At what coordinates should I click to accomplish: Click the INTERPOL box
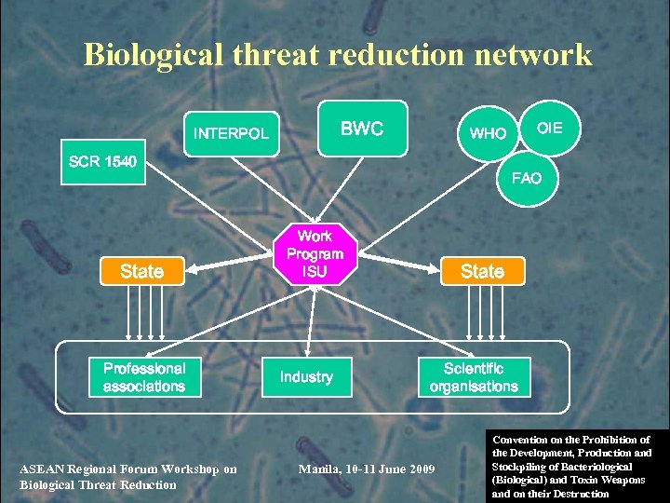click(231, 133)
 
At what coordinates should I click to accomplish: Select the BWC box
click(362, 129)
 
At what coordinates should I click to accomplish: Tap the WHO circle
click(488, 133)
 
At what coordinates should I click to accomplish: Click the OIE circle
click(550, 128)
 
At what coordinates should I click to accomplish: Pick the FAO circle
click(527, 178)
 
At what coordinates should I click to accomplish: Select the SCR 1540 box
click(102, 163)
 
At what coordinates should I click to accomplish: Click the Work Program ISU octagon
click(315, 254)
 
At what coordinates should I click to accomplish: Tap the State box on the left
click(141, 271)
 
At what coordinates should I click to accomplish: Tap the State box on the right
click(482, 271)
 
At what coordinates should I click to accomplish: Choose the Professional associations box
click(144, 377)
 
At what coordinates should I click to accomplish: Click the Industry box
click(306, 377)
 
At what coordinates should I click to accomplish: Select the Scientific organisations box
click(474, 377)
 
